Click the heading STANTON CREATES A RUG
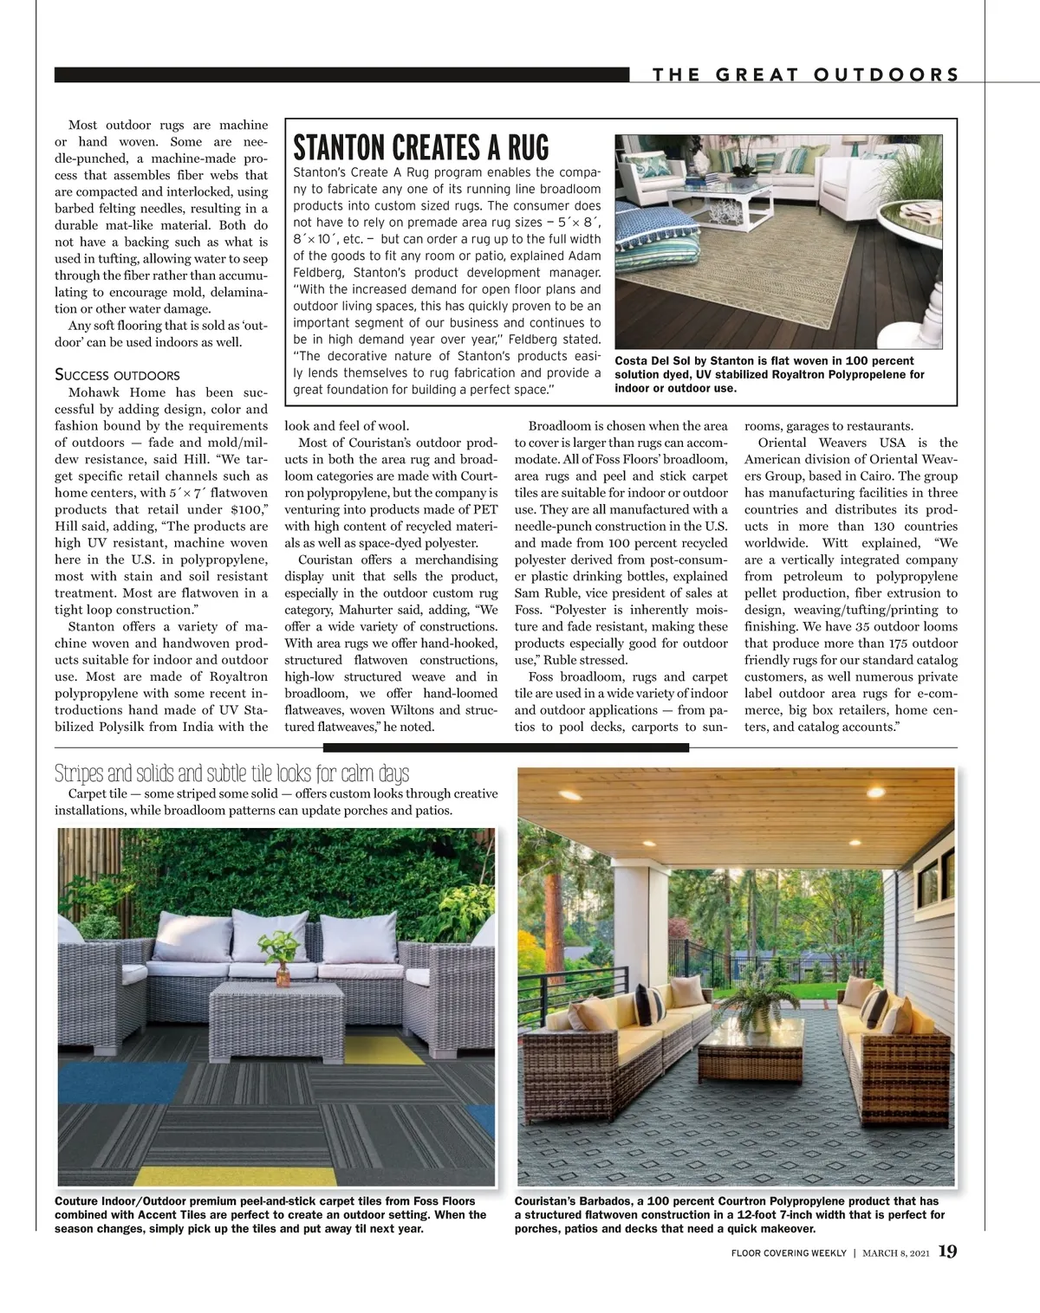point(421,147)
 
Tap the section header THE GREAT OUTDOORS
point(806,74)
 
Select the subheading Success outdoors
point(117,375)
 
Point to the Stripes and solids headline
point(231,773)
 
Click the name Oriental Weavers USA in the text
point(831,443)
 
